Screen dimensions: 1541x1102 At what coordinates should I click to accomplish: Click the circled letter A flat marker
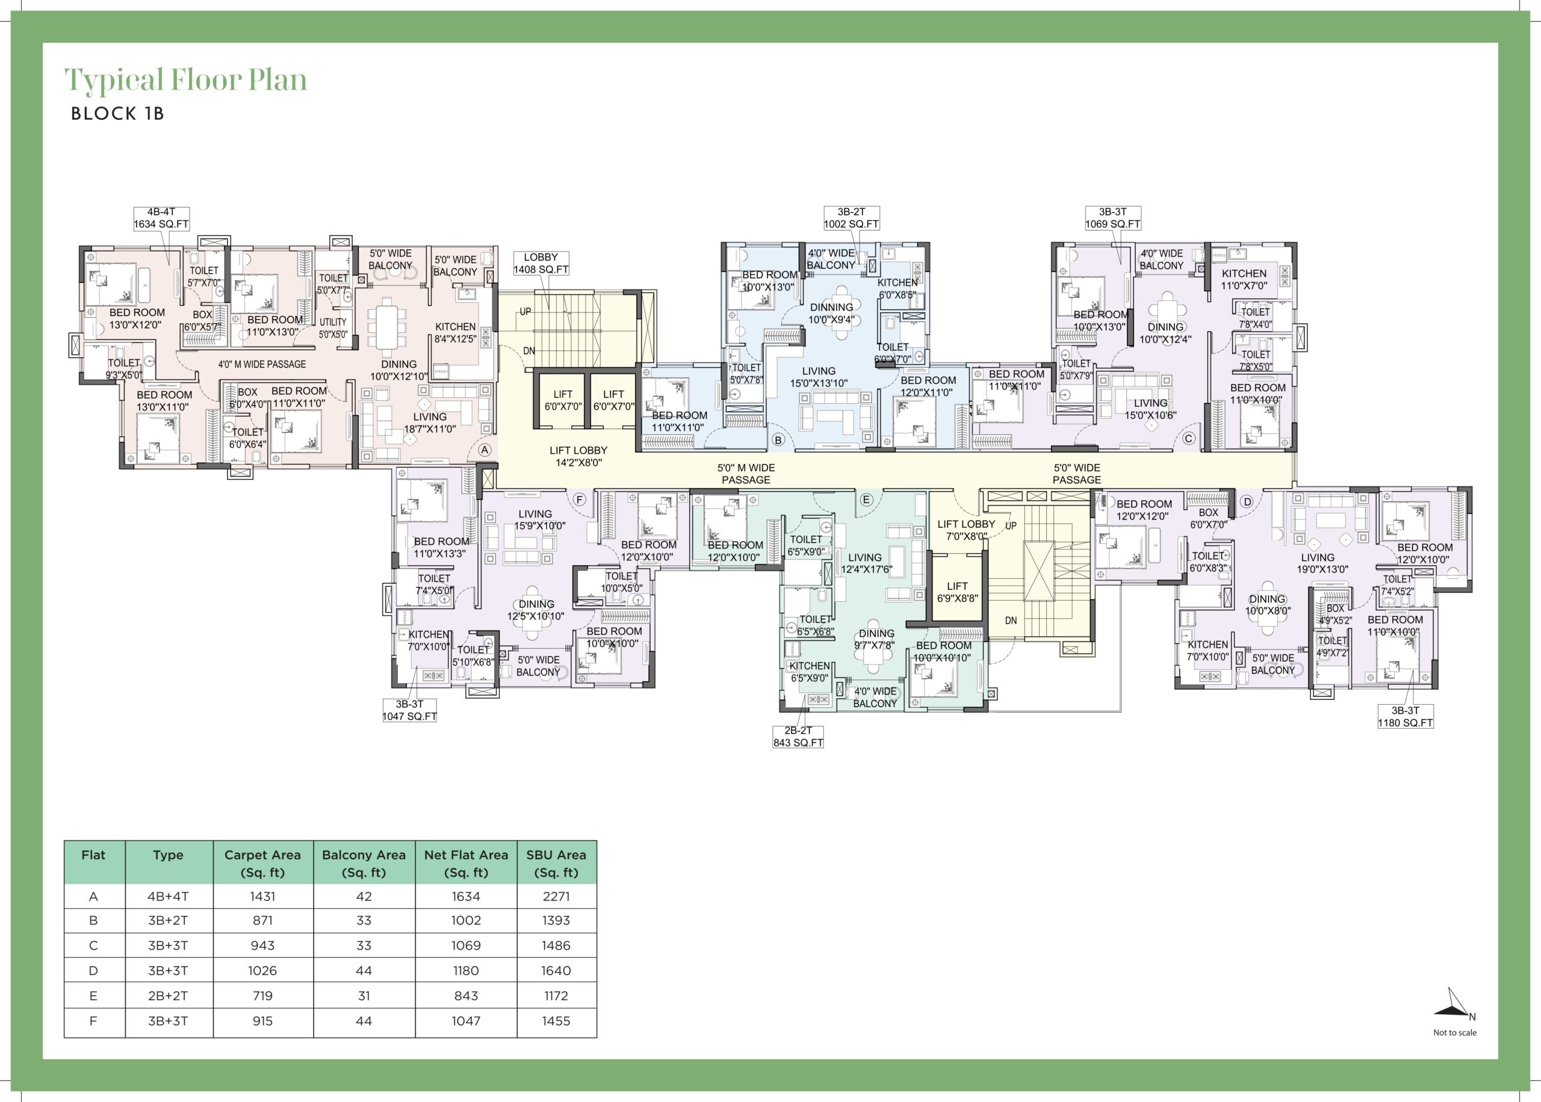coord(485,450)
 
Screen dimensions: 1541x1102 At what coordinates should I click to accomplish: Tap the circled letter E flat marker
coord(866,500)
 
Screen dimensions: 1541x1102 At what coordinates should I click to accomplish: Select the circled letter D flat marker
coord(1247,502)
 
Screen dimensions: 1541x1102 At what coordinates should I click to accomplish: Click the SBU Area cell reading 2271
coord(556,896)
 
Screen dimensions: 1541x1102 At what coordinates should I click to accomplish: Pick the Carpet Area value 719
coord(262,995)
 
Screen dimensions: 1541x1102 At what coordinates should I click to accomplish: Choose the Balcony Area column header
coord(364,863)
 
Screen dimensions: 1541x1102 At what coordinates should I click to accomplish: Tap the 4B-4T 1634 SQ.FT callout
coord(161,218)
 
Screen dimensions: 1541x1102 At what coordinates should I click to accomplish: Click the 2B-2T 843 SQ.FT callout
coord(798,736)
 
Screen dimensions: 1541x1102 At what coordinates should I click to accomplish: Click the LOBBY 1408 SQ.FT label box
coord(541,263)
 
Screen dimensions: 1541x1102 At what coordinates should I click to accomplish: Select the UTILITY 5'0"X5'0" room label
coord(333,329)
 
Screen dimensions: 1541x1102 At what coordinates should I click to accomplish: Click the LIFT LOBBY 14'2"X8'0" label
coord(578,457)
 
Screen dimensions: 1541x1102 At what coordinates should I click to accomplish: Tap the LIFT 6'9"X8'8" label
coord(958,592)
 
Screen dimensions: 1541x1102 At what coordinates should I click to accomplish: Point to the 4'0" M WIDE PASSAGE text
coord(262,364)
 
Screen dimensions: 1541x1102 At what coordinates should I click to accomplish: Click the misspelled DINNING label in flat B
coord(831,308)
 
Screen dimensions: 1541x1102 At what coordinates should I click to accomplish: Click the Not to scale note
coord(1454,1033)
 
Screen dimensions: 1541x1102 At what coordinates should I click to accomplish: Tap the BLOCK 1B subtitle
coord(117,113)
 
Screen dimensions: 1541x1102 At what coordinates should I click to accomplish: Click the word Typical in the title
coord(114,80)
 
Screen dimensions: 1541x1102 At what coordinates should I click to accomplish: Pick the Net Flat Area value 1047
coord(465,1021)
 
